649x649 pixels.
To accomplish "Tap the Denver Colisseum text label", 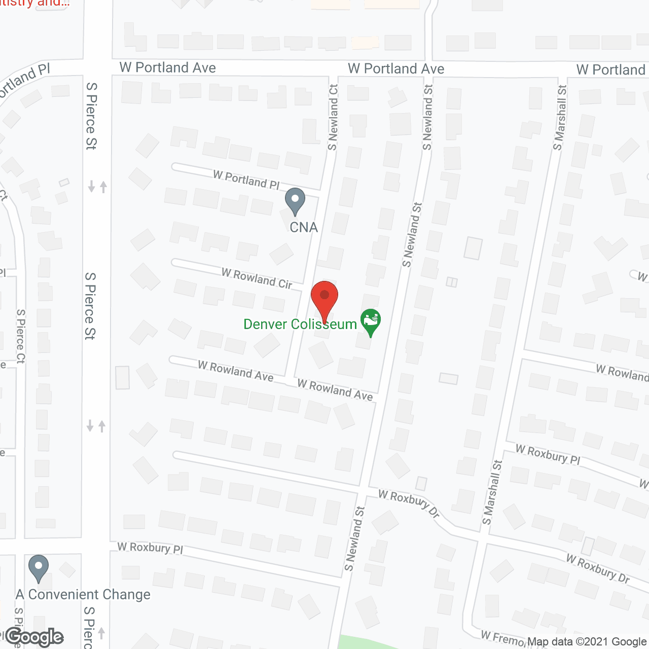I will click(x=300, y=324).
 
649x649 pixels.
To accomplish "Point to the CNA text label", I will click(x=304, y=227).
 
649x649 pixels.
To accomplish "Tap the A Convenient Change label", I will click(x=83, y=594).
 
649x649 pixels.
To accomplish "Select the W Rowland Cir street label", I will click(x=257, y=278).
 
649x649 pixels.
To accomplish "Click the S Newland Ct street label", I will click(x=333, y=117).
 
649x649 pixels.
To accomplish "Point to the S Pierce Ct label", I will click(x=21, y=336).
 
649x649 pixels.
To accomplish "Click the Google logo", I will click(x=34, y=637).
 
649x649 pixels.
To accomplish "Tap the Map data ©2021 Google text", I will click(x=587, y=642).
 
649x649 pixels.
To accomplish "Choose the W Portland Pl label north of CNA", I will click(x=246, y=180).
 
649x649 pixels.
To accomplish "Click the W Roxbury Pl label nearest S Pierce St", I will click(x=150, y=548).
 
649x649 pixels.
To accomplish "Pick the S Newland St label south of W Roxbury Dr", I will click(x=355, y=538).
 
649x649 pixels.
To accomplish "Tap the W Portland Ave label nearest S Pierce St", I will click(x=168, y=67).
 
